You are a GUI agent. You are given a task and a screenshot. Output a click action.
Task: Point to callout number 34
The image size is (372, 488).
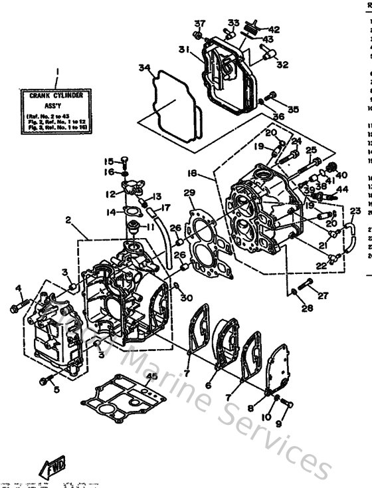143,68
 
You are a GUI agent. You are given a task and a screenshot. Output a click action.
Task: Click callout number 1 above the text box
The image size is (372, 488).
57,72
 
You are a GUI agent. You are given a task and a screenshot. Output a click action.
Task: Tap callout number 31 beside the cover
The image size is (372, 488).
184,49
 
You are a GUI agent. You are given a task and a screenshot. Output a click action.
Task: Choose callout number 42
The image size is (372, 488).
274,29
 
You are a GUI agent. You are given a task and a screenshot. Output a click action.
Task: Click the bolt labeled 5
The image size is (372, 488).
46,380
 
